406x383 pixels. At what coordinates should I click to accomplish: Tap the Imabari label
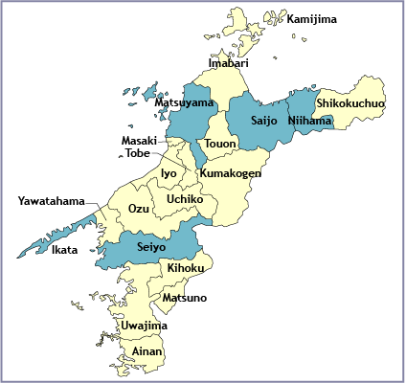click(x=230, y=63)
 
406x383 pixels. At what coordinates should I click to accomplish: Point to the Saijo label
click(x=264, y=121)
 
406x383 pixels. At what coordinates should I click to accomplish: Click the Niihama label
click(x=309, y=121)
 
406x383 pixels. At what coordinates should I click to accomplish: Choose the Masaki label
click(x=139, y=141)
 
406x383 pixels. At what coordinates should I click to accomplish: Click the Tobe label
click(x=138, y=153)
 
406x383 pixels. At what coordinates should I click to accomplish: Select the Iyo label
click(x=169, y=173)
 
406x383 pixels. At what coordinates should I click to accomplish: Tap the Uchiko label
click(x=184, y=199)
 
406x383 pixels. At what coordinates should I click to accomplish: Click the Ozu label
click(x=139, y=209)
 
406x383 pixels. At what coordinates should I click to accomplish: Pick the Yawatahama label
click(x=50, y=202)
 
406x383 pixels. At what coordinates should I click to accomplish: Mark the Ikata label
click(x=65, y=251)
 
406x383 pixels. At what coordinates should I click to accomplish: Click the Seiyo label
click(x=151, y=246)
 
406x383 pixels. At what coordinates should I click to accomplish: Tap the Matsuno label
click(x=184, y=298)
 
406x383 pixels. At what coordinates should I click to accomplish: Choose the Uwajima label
click(x=145, y=326)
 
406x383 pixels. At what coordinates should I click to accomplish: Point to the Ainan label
click(x=148, y=352)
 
